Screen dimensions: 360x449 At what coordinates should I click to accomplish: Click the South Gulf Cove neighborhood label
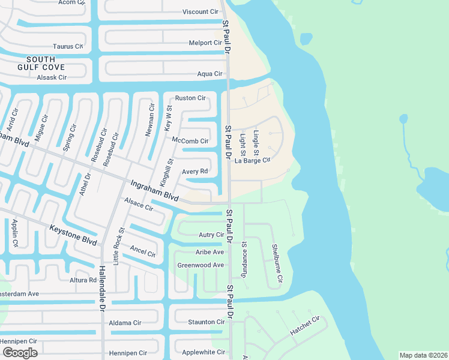(41, 63)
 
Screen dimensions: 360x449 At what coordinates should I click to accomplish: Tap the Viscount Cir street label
(200, 11)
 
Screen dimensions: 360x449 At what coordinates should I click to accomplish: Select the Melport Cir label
(205, 43)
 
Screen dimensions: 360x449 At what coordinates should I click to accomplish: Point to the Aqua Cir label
(210, 74)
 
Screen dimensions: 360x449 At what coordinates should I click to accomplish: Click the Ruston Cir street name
(190, 98)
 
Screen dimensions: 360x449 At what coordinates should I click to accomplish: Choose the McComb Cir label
(190, 141)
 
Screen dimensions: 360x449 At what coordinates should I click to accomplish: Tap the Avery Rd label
(194, 172)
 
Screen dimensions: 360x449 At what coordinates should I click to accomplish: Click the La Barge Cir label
(253, 160)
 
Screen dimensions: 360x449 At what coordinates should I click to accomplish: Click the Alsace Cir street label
(138, 205)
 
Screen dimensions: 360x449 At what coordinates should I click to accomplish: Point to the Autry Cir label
(211, 235)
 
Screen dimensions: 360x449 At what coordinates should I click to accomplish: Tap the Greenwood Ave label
(200, 265)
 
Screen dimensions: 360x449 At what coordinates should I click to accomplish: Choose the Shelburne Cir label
(277, 263)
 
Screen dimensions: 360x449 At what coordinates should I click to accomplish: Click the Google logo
(20, 352)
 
